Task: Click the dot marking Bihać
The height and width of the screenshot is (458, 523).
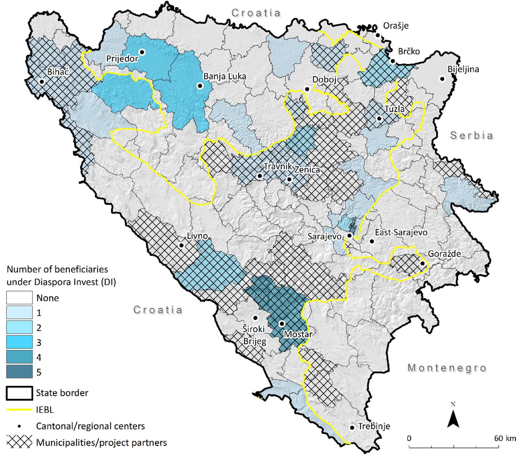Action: click(42, 82)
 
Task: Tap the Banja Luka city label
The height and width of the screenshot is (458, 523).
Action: click(225, 76)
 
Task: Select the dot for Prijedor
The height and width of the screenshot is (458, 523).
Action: click(142, 52)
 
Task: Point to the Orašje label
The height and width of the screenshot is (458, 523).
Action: click(396, 26)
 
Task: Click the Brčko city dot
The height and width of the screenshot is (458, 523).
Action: click(393, 61)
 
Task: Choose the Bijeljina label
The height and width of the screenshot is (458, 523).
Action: click(463, 69)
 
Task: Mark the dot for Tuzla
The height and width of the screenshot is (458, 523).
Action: click(380, 118)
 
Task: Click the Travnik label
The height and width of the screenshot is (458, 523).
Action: click(278, 166)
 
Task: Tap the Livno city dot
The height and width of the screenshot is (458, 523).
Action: click(181, 245)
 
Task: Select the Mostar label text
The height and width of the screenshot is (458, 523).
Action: click(298, 334)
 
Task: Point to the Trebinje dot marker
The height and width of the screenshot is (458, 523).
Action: click(352, 428)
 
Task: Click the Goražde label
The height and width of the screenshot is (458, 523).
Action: click(444, 254)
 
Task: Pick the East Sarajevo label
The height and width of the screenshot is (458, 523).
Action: click(401, 232)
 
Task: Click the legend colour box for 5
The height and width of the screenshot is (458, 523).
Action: click(19, 372)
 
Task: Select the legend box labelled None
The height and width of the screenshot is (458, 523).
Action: click(19, 298)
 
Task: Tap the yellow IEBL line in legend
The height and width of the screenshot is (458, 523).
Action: click(19, 410)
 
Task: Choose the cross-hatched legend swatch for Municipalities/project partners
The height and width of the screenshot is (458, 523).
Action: click(19, 442)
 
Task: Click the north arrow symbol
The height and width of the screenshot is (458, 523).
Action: click(453, 418)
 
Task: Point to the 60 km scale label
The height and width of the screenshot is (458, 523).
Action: click(505, 438)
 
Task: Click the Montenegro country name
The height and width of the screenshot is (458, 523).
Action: click(447, 368)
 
